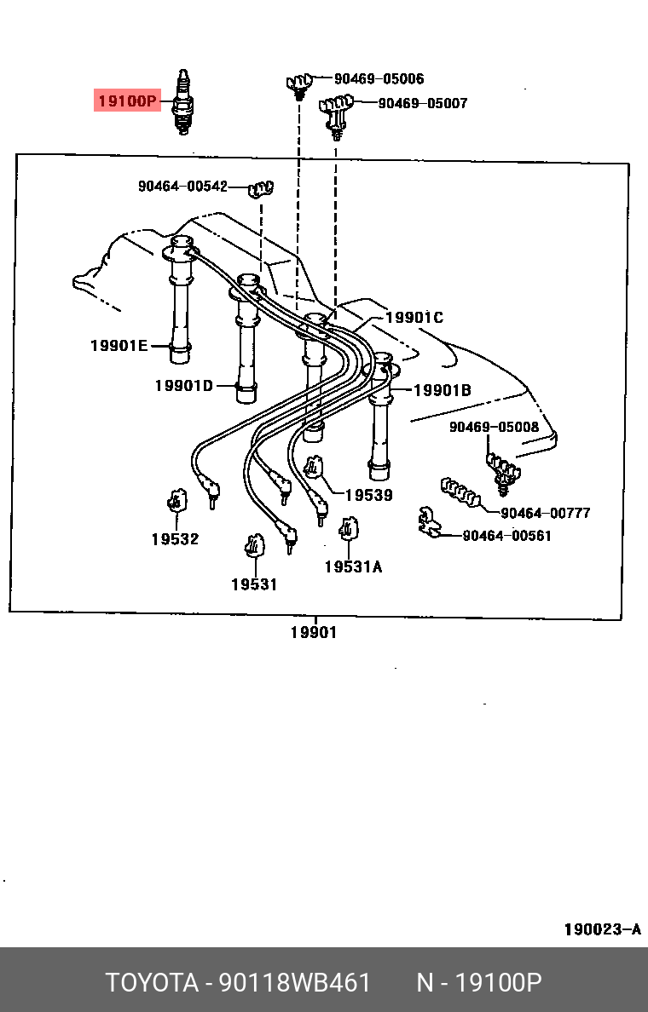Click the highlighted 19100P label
127,101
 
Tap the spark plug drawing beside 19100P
183,101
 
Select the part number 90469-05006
379,78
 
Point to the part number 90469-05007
423,103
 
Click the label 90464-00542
182,187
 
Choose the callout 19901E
119,346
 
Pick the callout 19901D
184,386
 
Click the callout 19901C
414,318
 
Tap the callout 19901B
443,390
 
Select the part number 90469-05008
495,428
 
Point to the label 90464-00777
546,513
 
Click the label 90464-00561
507,536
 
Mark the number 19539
369,495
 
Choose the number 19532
175,539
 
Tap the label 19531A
353,566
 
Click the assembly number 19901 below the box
314,632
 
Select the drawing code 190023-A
603,929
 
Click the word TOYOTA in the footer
153,983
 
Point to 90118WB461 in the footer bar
295,983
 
